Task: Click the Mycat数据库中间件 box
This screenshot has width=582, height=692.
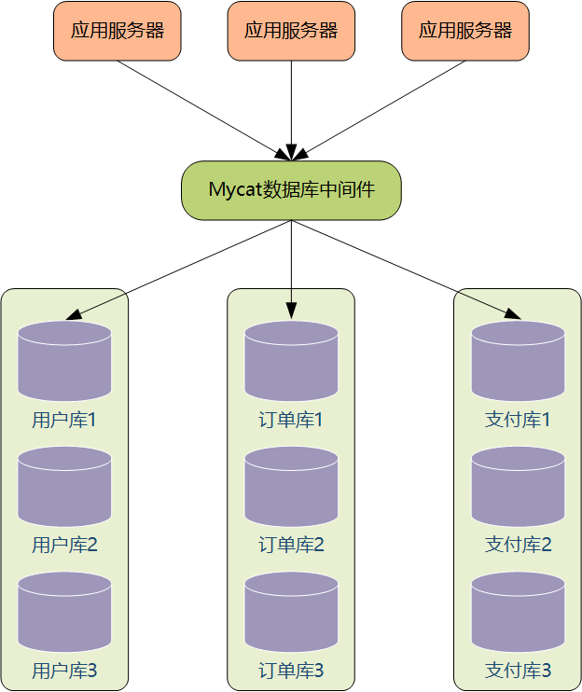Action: coord(291,190)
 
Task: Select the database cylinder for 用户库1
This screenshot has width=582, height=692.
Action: coord(64,361)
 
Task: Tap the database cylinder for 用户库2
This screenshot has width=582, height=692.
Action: coord(64,486)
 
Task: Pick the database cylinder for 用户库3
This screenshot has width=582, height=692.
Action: coord(64,611)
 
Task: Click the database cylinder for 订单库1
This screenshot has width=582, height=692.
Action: coord(291,361)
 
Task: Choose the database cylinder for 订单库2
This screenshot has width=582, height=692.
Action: coord(291,486)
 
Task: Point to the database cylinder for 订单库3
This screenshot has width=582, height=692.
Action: coord(291,611)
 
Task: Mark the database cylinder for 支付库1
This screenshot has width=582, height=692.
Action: coord(518,361)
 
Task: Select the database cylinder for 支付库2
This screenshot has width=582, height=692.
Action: coord(518,486)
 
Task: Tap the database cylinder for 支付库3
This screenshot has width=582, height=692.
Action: coord(518,611)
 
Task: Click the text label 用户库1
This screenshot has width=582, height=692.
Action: coord(64,420)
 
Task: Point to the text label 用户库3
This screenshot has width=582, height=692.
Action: coord(64,671)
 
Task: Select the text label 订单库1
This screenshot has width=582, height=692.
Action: coord(291,420)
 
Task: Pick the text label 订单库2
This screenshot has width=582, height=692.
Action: coord(291,546)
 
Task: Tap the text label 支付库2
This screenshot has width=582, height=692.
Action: coord(518,546)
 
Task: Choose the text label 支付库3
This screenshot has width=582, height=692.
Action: coord(518,671)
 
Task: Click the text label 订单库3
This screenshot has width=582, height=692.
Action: coord(291,671)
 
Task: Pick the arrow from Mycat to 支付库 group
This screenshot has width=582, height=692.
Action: coord(405,270)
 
